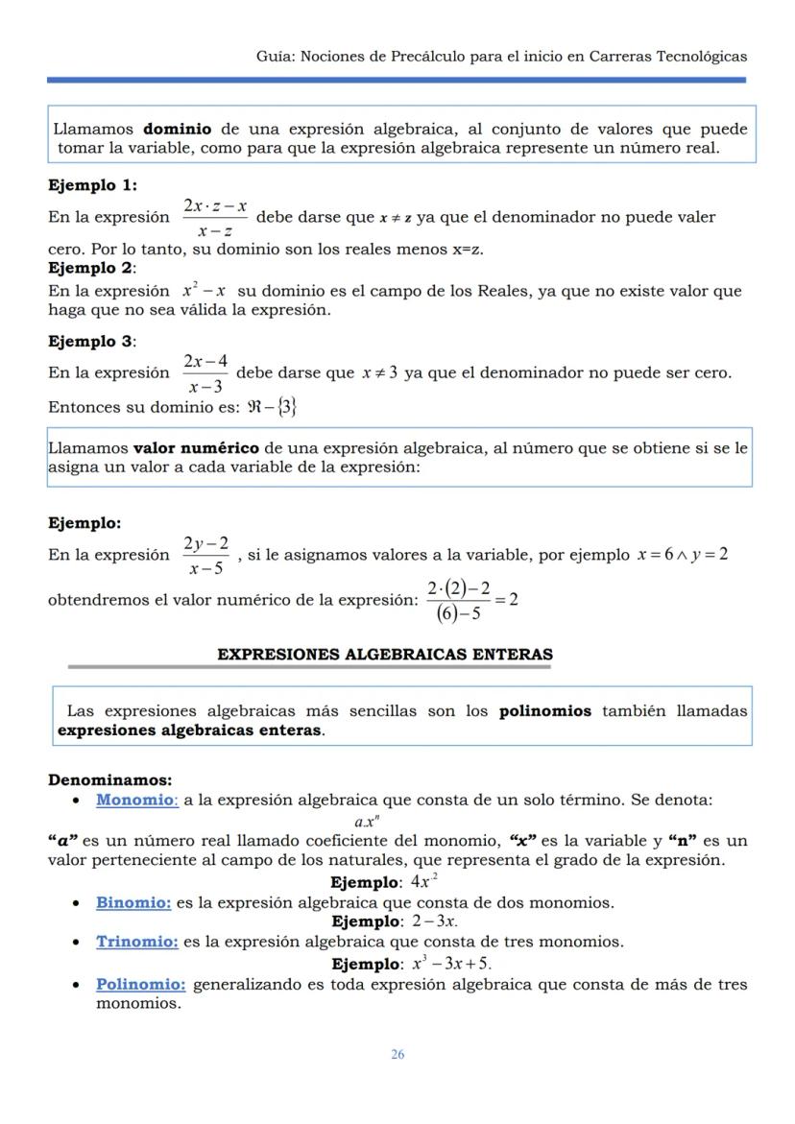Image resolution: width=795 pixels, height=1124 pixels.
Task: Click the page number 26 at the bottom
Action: (x=397, y=1054)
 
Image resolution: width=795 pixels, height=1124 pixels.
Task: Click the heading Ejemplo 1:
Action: (x=92, y=185)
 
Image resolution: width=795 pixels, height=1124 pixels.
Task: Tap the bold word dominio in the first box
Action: (x=178, y=129)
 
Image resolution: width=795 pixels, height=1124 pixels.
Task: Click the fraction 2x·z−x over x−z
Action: (x=215, y=218)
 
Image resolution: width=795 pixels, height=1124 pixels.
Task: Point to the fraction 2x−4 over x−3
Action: (x=205, y=373)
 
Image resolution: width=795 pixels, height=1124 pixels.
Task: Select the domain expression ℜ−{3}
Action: (x=272, y=407)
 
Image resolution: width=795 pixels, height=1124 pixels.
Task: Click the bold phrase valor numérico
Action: (x=196, y=447)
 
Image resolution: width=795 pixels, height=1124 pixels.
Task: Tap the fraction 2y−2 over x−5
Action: (x=207, y=555)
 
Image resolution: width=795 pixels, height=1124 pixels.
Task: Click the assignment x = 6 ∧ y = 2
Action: (x=682, y=555)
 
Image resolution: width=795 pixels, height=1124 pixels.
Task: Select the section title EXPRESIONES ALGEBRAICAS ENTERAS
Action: (x=384, y=655)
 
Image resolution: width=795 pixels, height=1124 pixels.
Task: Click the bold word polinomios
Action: (x=545, y=711)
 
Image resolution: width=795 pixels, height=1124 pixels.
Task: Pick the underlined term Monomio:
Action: (x=136, y=800)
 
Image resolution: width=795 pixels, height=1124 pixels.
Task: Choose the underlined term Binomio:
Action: (x=133, y=902)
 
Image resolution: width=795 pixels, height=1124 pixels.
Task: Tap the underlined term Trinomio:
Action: (x=136, y=942)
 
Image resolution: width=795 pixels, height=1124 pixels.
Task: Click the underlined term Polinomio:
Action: (x=140, y=985)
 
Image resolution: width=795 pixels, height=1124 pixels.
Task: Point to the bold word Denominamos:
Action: (x=109, y=780)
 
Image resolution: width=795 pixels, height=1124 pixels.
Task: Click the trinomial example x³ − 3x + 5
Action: (x=451, y=963)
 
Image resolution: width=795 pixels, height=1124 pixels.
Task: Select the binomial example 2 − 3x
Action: (x=435, y=921)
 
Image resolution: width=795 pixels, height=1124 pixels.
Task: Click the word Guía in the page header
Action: (x=274, y=57)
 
